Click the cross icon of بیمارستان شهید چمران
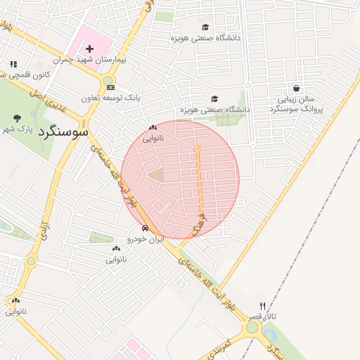90,49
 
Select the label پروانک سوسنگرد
297,109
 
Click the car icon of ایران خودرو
145,228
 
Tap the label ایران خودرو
146,239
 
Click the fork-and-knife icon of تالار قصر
263,306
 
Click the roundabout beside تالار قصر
252,328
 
